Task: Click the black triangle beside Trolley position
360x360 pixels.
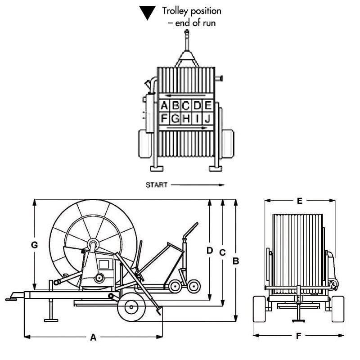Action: tap(147, 12)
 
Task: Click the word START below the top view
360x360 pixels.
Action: tap(157, 185)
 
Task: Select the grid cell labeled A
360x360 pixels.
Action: tap(164, 106)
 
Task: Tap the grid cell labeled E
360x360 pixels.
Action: tap(208, 106)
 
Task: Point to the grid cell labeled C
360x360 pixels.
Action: tap(186, 106)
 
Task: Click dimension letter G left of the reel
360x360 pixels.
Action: tap(34, 245)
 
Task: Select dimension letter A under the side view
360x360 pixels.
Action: tap(93, 337)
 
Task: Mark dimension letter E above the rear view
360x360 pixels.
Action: tap(300, 201)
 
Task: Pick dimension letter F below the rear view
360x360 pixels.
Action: tap(299, 336)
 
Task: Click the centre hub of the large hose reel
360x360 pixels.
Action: tap(93, 245)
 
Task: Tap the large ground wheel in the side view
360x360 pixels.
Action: tap(131, 307)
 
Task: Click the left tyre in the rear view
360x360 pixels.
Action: tap(259, 309)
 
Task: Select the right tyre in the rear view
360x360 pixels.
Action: tap(338, 309)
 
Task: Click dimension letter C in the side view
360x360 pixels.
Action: tap(222, 252)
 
